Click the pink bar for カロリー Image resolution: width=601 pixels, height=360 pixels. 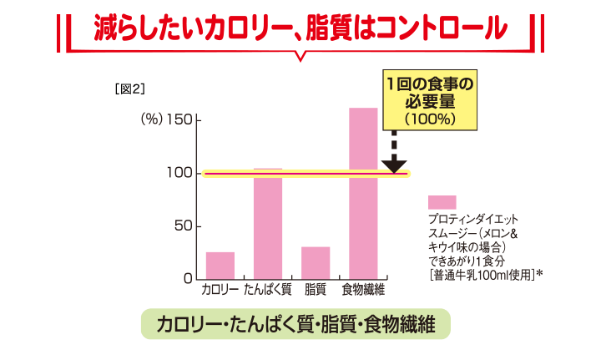coord(220,265)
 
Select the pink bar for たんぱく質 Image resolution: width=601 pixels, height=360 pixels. coord(268,224)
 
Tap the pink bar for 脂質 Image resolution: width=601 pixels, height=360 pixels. coord(316,262)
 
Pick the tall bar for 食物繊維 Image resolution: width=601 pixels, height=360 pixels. coord(363,193)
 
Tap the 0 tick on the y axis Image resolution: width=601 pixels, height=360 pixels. coord(188,278)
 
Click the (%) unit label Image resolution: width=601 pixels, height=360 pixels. coord(149,120)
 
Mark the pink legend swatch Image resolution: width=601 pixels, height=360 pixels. coord(442,202)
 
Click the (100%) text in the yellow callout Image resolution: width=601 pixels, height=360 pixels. coord(430,118)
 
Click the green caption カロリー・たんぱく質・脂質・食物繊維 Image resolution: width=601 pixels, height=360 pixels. coord(295,324)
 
